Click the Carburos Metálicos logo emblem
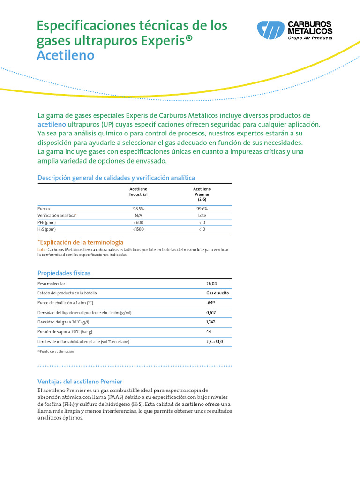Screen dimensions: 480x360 click(270, 30)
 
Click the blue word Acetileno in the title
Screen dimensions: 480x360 click(66, 56)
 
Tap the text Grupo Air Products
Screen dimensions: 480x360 click(310, 38)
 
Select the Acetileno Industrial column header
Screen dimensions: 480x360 click(138, 191)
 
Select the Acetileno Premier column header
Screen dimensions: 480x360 click(202, 194)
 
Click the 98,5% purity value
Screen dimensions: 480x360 click(138, 208)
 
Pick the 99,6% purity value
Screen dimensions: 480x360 click(202, 208)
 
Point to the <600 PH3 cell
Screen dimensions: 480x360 click(138, 222)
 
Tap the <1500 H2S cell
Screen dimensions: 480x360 click(138, 229)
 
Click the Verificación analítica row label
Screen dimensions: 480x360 click(57, 215)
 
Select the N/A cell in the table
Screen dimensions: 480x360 click(138, 215)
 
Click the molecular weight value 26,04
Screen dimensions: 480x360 click(211, 284)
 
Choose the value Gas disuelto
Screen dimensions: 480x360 click(217, 293)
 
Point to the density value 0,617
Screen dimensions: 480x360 click(211, 312)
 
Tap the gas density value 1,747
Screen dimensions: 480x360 click(211, 322)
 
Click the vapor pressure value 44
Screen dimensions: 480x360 click(209, 332)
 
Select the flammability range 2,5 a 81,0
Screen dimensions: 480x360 click(215, 342)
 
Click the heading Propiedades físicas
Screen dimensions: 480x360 click(64, 273)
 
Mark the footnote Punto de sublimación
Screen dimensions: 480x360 click(57, 351)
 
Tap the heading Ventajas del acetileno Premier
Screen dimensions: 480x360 click(79, 382)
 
